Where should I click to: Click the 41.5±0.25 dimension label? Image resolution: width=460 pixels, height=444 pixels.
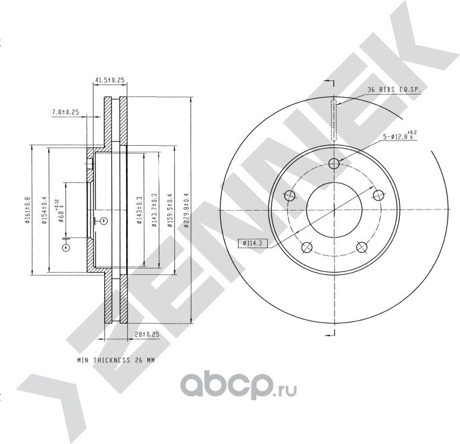[x=109, y=80]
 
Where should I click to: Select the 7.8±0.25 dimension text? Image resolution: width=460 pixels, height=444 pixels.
[x=65, y=112]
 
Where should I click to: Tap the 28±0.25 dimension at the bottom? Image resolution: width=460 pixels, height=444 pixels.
[x=146, y=335]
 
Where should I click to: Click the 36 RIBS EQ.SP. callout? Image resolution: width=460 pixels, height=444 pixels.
[x=392, y=90]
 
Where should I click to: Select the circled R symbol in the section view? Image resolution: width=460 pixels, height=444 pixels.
[x=103, y=221]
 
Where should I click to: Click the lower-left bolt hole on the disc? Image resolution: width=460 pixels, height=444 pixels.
[x=306, y=247]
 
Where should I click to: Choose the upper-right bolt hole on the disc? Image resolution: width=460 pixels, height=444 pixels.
[x=377, y=195]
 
